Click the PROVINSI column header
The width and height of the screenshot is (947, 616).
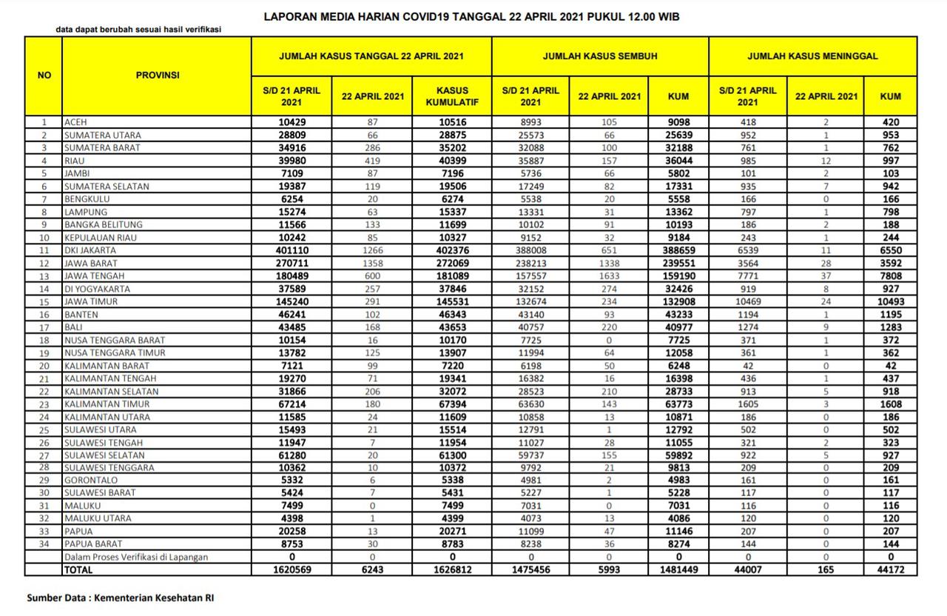coord(157,75)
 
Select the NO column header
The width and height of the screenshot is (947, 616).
coord(44,75)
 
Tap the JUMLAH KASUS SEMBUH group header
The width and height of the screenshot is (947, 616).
coord(600,56)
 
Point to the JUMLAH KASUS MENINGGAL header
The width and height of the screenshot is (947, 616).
coord(812,56)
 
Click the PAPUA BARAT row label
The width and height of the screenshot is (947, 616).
coord(93,544)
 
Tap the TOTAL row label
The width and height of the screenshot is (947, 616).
coord(78,570)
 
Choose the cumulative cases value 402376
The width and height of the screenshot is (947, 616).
coord(449,250)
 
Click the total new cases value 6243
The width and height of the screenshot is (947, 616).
coord(373,570)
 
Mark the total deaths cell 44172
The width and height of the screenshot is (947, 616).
coord(891,570)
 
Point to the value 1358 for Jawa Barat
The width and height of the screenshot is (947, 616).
coord(373,264)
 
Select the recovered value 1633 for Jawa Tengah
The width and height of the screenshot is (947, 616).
coord(609,276)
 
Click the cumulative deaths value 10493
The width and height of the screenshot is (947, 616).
coord(891,302)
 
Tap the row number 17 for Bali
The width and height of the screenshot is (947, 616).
coord(44,327)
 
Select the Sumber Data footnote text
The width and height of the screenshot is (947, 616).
coord(121,597)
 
